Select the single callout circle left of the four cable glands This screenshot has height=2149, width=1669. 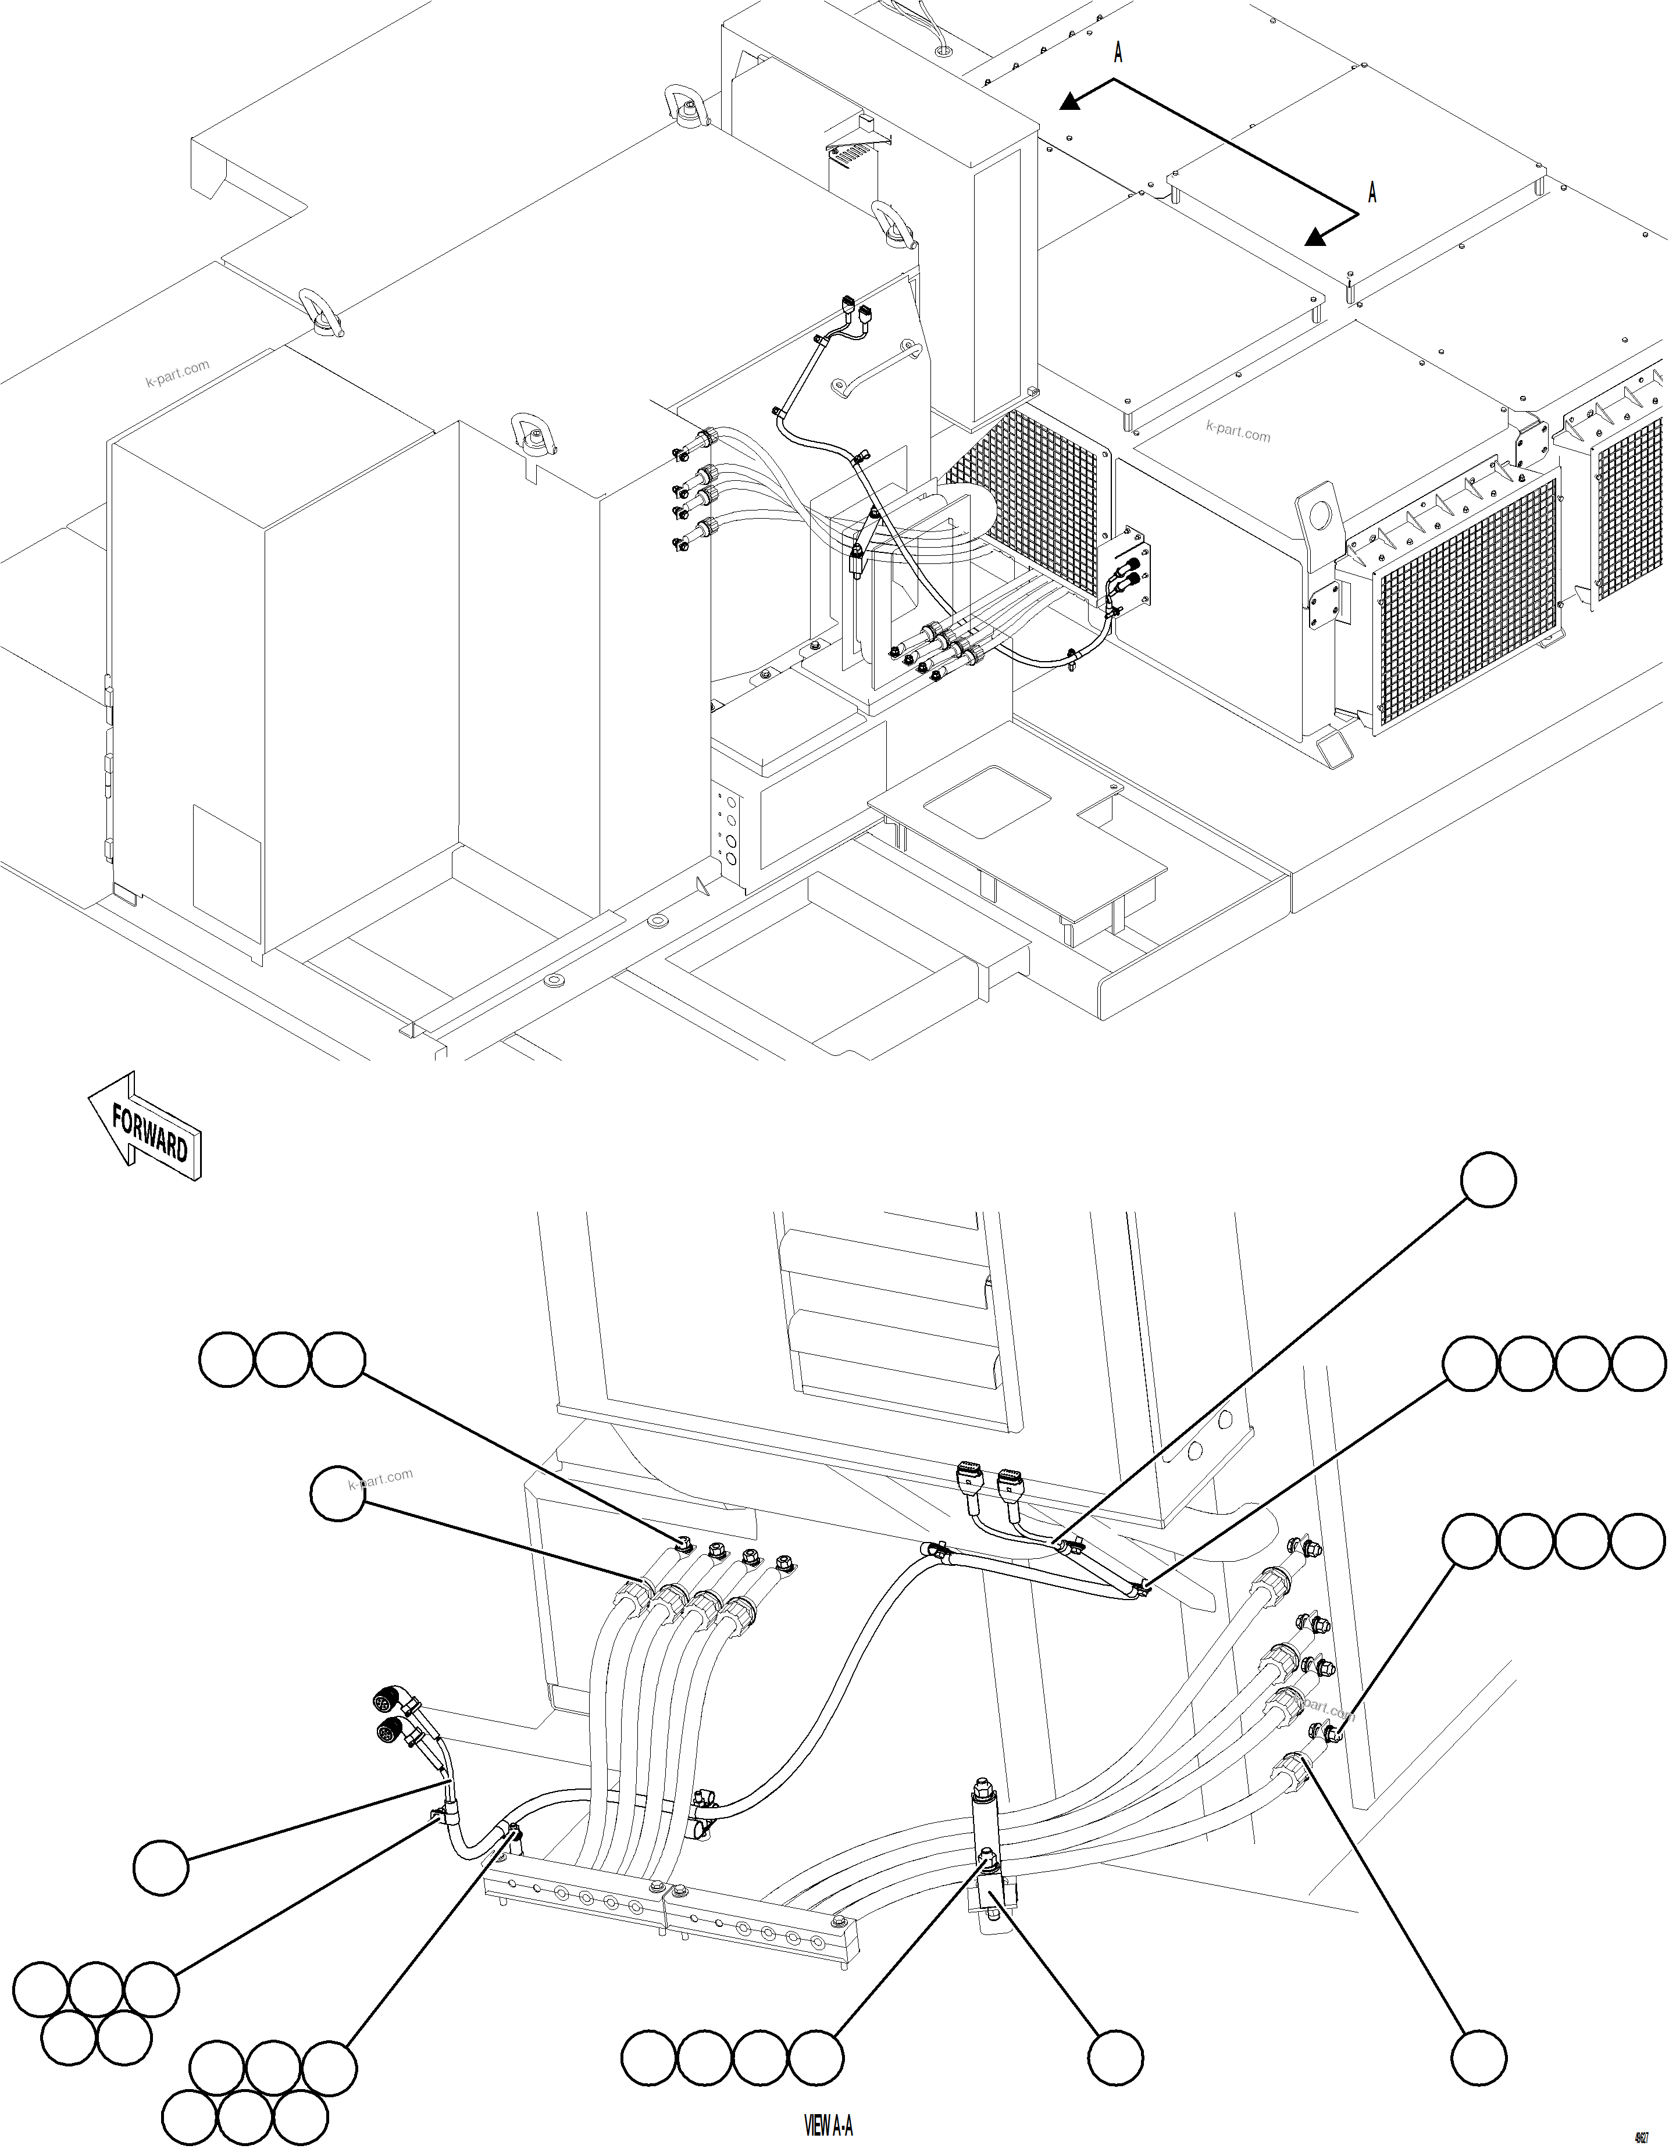point(337,1494)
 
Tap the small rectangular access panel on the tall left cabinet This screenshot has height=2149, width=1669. point(226,858)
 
